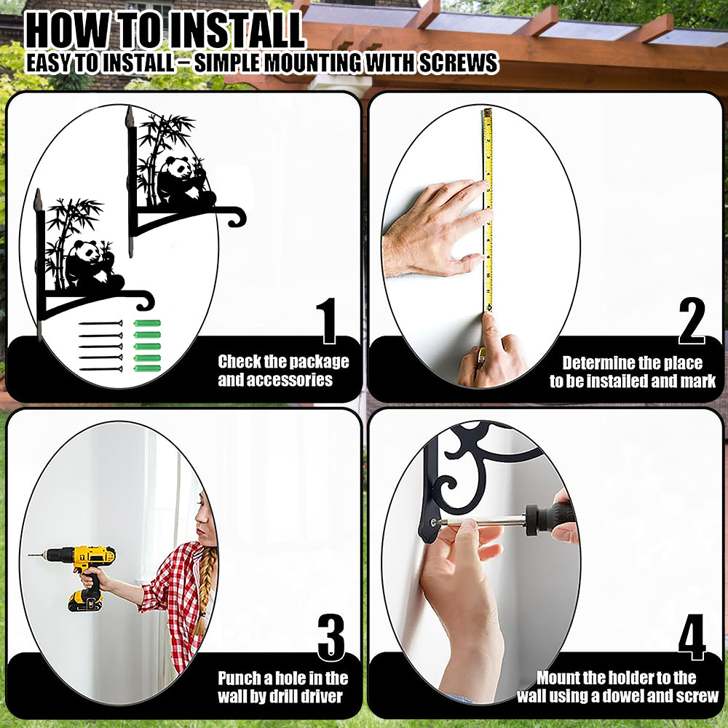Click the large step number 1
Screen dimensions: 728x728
tap(327, 321)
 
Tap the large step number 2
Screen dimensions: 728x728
tap(692, 321)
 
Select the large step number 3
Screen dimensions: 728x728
tap(331, 638)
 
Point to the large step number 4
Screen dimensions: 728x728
tap(692, 637)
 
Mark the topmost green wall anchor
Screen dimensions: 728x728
tap(147, 323)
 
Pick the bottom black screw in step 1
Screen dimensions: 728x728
tap(100, 369)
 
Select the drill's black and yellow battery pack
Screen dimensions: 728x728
tap(85, 601)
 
